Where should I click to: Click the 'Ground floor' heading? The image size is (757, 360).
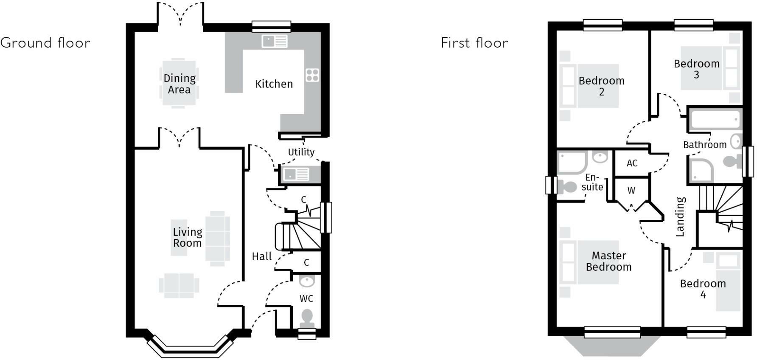coord(45,43)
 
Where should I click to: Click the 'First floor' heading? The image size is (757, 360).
coord(474,43)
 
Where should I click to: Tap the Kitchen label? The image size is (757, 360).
coord(274,84)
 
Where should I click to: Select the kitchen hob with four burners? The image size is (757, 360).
coord(312,75)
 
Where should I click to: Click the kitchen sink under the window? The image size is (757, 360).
coord(275,41)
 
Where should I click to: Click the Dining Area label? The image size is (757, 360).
coord(179,84)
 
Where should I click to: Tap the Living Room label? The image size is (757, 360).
coord(187,237)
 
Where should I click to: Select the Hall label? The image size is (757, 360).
coord(261,256)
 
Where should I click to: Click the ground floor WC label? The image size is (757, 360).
coord(306,298)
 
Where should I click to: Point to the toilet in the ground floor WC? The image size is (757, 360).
coord(306,318)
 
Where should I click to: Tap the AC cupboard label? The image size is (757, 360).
coord(632,163)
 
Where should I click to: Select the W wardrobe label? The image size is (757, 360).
coord(631,191)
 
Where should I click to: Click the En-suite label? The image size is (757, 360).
coord(592,182)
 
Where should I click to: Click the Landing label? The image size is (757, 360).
coord(680,217)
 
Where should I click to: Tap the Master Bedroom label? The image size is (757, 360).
coord(608,261)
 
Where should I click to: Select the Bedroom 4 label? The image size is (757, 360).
coord(703,289)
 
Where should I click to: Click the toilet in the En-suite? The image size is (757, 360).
coord(567,186)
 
